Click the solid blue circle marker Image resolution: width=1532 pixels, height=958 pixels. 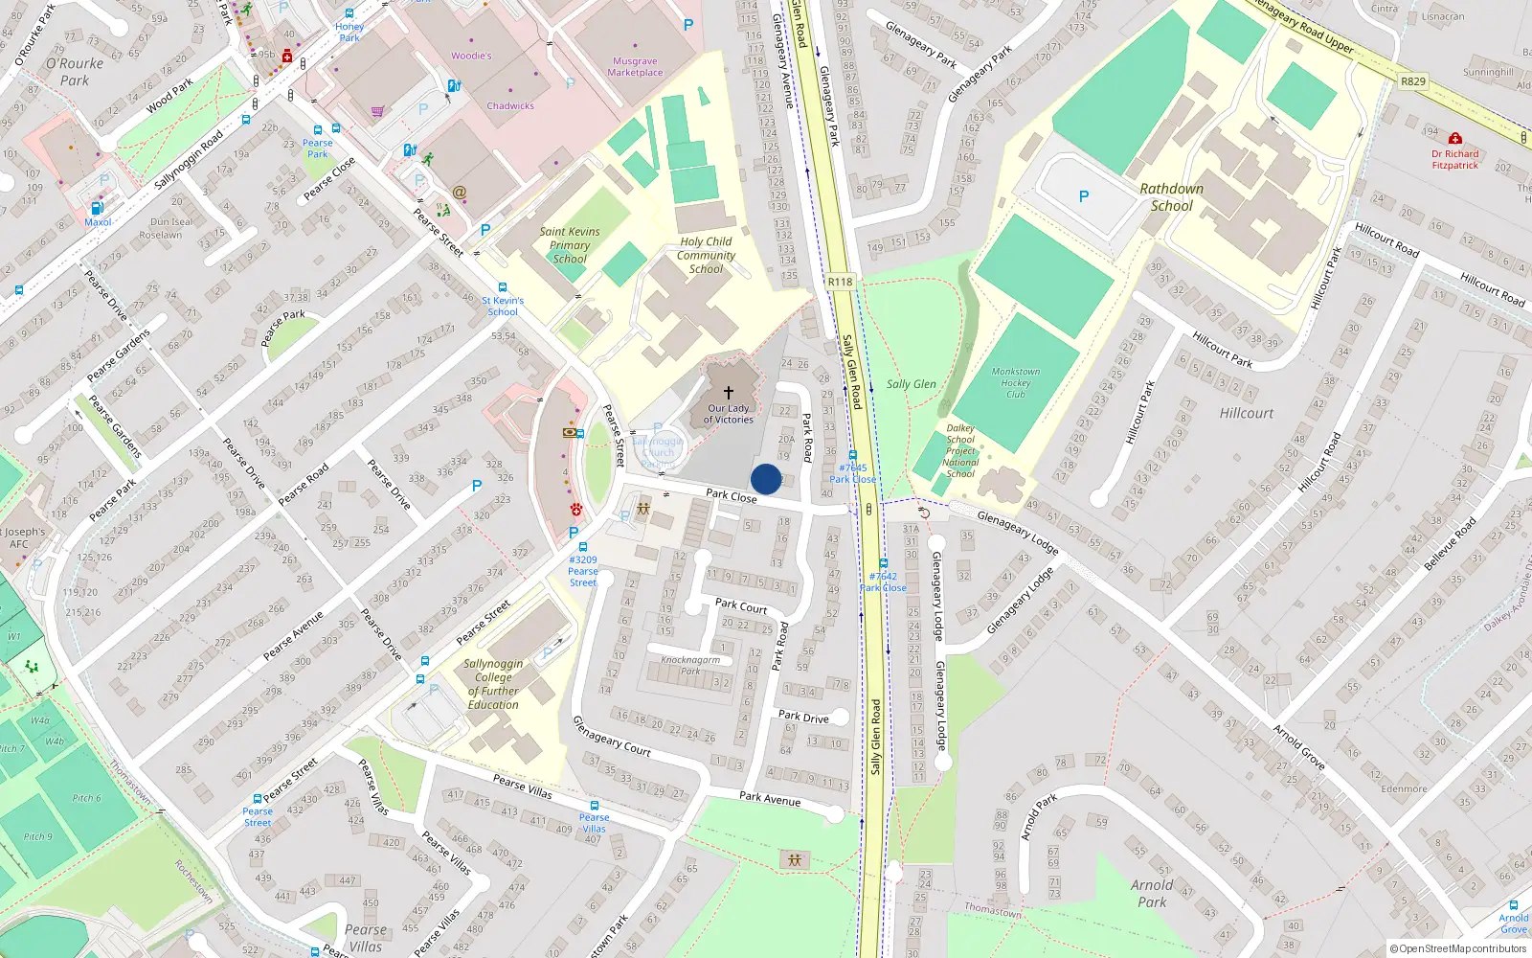(x=766, y=479)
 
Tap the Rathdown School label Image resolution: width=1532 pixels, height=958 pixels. (x=1171, y=197)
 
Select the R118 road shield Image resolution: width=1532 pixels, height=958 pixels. (x=840, y=282)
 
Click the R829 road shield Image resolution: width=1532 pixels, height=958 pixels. (x=1413, y=81)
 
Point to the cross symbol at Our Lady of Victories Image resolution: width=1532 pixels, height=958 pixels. (x=729, y=393)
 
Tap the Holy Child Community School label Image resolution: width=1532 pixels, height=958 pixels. (x=707, y=256)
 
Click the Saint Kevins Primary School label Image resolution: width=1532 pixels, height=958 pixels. (x=570, y=245)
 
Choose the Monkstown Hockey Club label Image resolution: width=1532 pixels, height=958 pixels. (x=1016, y=383)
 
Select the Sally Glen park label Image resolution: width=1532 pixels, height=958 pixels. (x=911, y=384)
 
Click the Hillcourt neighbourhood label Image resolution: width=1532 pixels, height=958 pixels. (x=1247, y=414)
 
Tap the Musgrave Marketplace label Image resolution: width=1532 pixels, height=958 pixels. (x=635, y=67)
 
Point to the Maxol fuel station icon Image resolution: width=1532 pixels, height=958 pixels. (x=97, y=208)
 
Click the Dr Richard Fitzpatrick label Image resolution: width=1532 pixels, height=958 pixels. (x=1454, y=159)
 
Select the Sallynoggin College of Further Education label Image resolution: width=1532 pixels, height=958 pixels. (x=493, y=684)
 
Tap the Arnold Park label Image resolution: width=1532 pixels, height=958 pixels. (x=1152, y=893)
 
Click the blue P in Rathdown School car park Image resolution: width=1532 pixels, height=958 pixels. (x=1084, y=196)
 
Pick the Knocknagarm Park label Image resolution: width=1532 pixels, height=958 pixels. (x=690, y=665)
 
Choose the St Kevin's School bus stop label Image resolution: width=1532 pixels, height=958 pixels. (x=503, y=306)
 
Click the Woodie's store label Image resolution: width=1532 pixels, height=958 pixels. (x=471, y=56)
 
